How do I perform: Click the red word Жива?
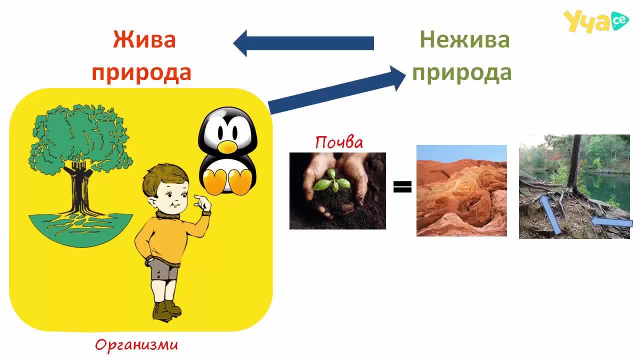click(144, 39)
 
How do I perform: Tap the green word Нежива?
click(464, 39)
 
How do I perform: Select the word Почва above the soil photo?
click(339, 142)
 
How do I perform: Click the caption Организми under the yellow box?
click(136, 345)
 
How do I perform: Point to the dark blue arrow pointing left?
click(303, 43)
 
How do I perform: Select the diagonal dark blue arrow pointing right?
click(336, 89)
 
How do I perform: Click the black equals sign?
click(402, 187)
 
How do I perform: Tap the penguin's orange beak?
click(227, 147)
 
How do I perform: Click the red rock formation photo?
click(461, 190)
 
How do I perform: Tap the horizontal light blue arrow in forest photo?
click(611, 222)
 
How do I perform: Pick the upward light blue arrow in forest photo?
click(550, 214)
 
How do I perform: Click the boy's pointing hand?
click(203, 202)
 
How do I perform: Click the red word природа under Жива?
click(141, 73)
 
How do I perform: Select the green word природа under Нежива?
click(461, 73)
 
